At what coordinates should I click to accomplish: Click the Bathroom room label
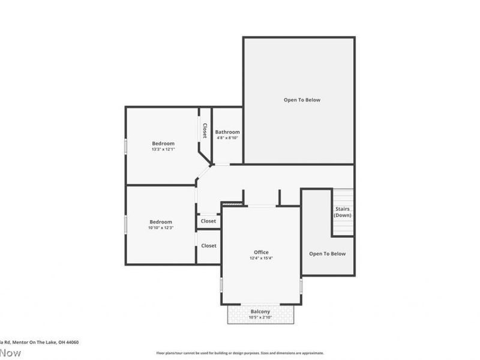click(x=227, y=132)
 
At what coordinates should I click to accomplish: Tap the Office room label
click(x=261, y=252)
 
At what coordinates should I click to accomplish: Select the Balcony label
click(x=260, y=311)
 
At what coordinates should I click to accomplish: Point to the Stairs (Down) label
click(x=343, y=212)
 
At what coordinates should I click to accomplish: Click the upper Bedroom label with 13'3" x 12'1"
click(x=163, y=143)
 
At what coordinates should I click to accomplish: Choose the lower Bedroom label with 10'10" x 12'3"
click(x=161, y=222)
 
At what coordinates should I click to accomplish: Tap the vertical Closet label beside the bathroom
click(x=205, y=131)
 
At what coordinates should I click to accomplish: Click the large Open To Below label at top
click(x=302, y=100)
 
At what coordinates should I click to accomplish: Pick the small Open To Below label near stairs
click(x=327, y=254)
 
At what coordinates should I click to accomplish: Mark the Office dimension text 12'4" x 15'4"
click(x=261, y=258)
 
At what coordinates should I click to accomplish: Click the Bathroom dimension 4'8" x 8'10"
click(x=227, y=138)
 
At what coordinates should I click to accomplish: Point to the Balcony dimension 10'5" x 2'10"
click(x=260, y=317)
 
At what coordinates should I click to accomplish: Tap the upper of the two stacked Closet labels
click(x=208, y=221)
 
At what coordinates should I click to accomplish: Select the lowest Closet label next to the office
click(x=208, y=245)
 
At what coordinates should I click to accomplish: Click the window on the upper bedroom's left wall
click(x=125, y=146)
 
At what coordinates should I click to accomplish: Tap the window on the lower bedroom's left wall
click(x=125, y=224)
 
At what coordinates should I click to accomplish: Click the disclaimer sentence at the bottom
click(x=240, y=353)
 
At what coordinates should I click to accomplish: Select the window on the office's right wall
click(x=301, y=286)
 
